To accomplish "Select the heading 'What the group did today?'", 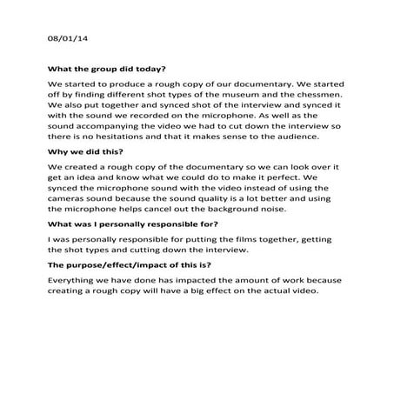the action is [x=107, y=68].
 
